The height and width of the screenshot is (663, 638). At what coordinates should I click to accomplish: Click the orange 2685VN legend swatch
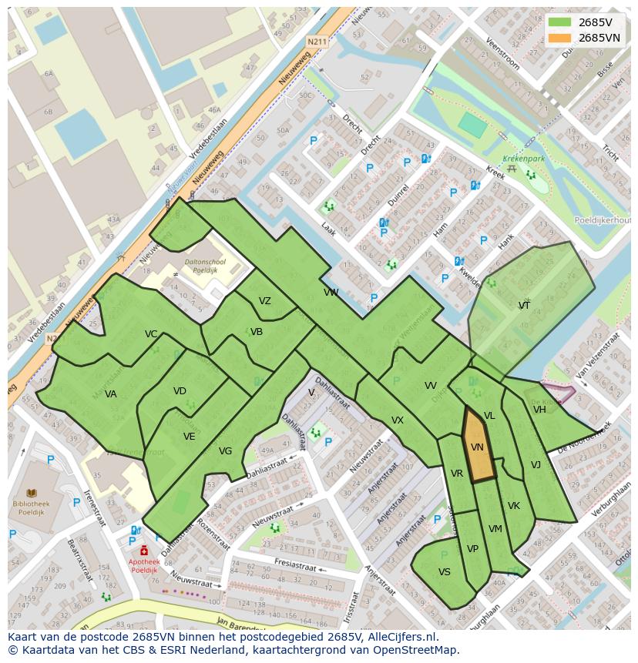[560, 38]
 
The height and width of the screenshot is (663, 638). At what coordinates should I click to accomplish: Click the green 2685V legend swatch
[560, 22]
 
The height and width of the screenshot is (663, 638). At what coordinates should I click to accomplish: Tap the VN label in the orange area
[477, 447]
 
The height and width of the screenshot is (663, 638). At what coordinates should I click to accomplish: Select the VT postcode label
[524, 306]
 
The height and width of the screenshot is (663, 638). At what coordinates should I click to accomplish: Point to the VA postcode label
[111, 394]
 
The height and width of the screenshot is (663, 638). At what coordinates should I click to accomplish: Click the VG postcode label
[225, 451]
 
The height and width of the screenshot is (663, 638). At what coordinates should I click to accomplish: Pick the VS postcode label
[445, 572]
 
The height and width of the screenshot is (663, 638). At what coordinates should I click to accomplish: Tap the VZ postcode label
[264, 302]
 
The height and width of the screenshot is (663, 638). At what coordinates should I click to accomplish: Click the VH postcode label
[539, 410]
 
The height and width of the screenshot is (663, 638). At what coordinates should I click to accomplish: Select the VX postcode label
[397, 420]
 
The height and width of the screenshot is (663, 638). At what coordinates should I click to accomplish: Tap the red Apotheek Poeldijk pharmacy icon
[144, 551]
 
